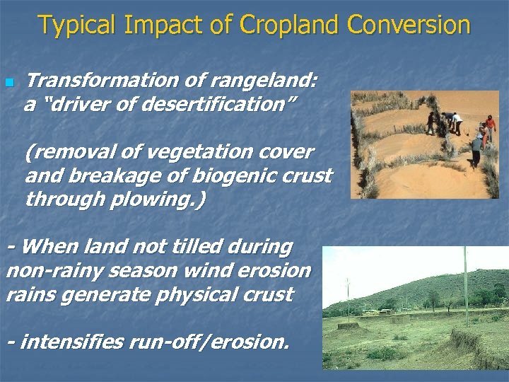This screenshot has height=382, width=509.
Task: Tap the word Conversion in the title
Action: pos(409,25)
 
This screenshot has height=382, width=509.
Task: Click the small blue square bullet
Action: pos(9,83)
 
